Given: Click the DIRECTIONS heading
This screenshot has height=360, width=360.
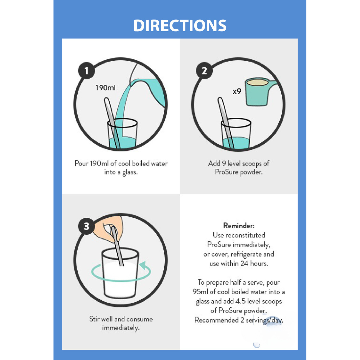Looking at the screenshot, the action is tap(180, 25).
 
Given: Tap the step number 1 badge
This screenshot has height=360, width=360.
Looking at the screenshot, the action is tap(87, 70).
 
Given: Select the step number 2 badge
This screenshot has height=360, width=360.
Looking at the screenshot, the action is tap(204, 70).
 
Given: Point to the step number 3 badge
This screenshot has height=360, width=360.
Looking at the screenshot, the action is tap(87, 226).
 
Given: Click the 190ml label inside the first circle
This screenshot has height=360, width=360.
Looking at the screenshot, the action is tap(106, 88).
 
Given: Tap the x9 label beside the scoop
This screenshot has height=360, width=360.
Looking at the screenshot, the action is tap(237, 92).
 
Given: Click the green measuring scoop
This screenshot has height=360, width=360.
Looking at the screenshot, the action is tap(259, 92).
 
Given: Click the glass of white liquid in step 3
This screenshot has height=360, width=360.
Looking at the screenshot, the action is tap(120, 273).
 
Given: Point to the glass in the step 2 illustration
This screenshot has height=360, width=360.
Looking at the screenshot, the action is tap(236, 134).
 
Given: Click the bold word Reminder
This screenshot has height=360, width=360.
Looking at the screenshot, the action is tap(239, 226).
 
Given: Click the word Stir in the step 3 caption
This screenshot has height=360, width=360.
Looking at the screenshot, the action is tap(94, 319).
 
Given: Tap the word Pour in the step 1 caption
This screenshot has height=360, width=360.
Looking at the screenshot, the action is tap(82, 163).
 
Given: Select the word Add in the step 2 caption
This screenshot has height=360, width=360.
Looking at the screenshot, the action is tap(214, 163).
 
